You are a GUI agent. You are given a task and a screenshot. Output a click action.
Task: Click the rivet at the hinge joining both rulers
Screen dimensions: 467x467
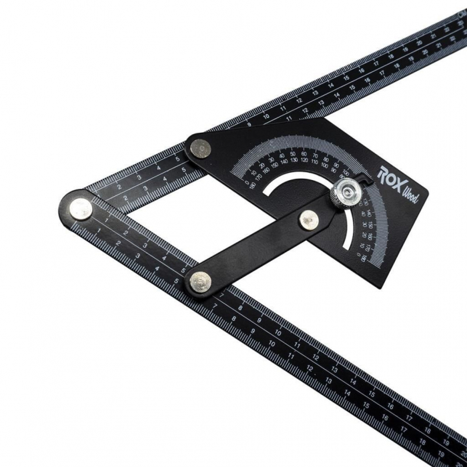[80, 207]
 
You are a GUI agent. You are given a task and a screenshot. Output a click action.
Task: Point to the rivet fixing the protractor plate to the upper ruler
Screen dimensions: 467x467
[199, 149]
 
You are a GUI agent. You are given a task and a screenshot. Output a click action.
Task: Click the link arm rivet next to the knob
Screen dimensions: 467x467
[309, 219]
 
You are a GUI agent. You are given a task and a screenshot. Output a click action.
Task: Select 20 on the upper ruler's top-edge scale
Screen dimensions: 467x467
[420, 43]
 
